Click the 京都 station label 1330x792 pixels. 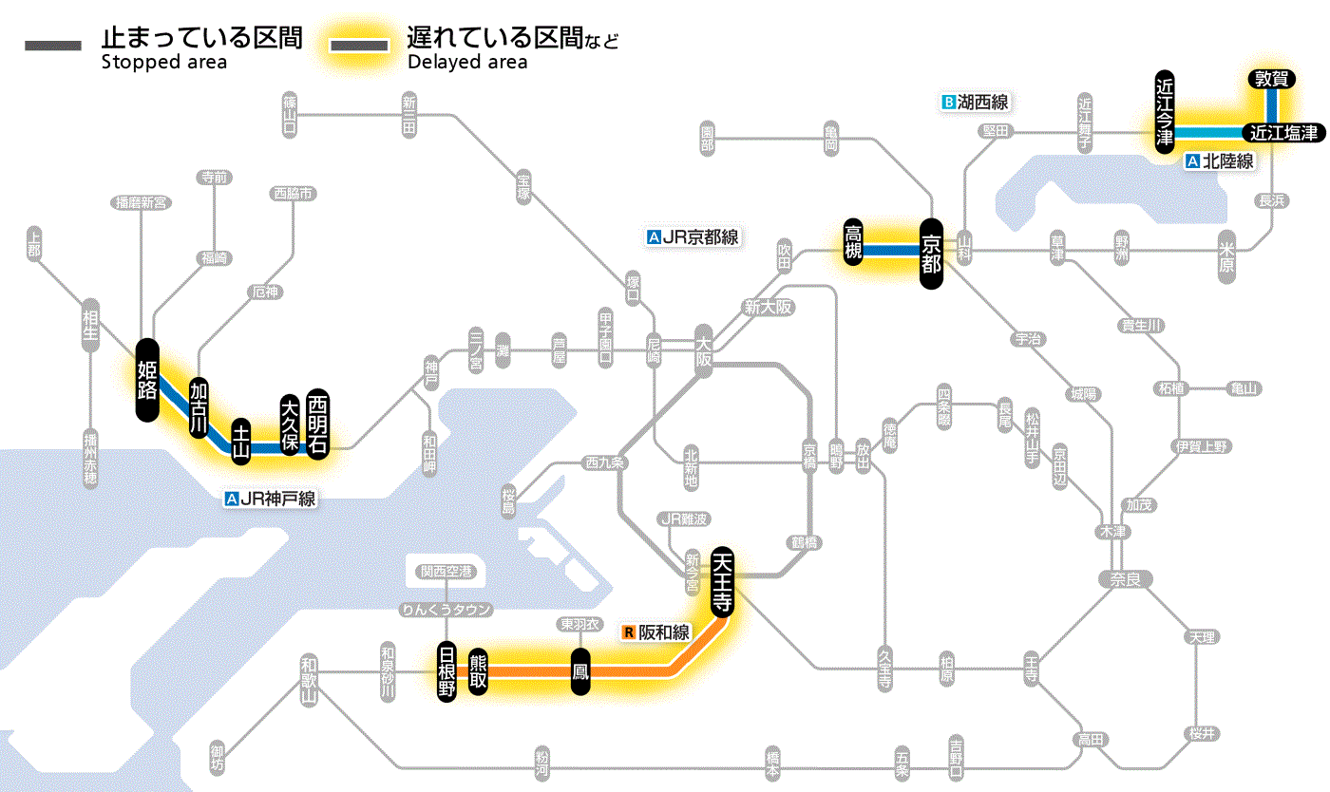point(931,252)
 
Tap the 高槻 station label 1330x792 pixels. point(853,243)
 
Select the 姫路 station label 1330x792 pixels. point(147,380)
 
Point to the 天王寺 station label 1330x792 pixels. point(722,581)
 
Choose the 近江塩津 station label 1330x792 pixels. point(1283,133)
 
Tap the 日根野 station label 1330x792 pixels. point(446,671)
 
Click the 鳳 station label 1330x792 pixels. point(579,671)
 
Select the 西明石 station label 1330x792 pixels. point(317,424)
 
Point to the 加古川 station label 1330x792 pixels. point(199,407)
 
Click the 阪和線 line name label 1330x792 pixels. point(656,632)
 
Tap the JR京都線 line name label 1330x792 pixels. point(693,238)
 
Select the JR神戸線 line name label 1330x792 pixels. point(271,498)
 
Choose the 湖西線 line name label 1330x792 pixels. point(975,101)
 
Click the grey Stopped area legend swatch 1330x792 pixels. point(55,46)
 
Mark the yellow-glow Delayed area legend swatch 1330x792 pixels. point(358,46)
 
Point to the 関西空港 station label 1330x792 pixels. point(445,572)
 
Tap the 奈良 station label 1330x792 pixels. point(1124,578)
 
